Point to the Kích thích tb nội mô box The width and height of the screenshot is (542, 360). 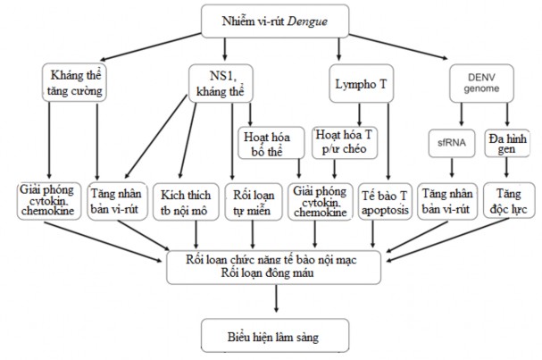click(185, 200)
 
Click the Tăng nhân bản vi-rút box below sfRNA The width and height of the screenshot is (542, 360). click(451, 200)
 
